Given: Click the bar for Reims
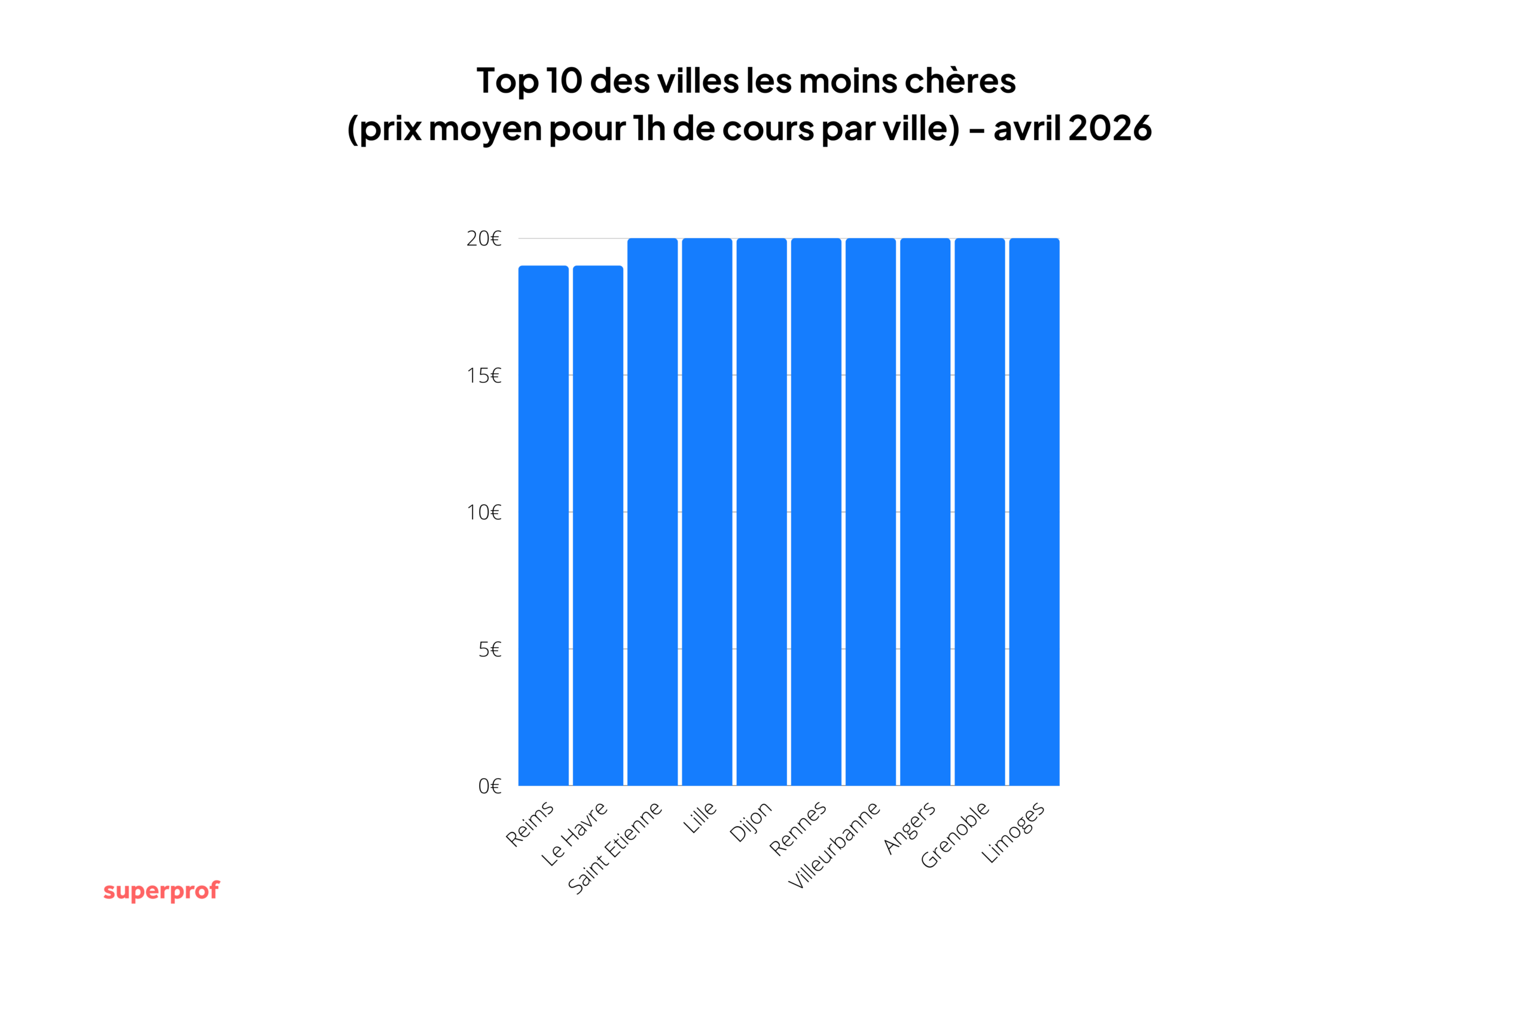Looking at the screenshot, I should (544, 526).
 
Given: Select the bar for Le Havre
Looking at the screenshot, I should (598, 526).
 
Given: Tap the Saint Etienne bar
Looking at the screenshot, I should (653, 512).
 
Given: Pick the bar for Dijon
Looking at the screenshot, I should (761, 512).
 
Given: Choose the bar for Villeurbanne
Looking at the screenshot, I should (871, 512).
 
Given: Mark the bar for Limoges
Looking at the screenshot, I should (1035, 512).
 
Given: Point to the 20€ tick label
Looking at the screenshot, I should (484, 239).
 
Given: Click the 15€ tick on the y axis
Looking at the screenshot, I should (484, 376).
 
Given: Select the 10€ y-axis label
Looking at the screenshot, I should (484, 513).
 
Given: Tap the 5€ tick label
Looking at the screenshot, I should (490, 650).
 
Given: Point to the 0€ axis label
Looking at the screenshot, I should (490, 787).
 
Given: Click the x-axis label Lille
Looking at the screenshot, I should (700, 818).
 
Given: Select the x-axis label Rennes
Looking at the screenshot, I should (798, 828).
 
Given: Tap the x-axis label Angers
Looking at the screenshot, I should (910, 828).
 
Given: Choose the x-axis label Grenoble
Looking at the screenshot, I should (955, 836).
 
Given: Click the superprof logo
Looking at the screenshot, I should (161, 891).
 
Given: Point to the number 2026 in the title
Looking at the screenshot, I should (1110, 128).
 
